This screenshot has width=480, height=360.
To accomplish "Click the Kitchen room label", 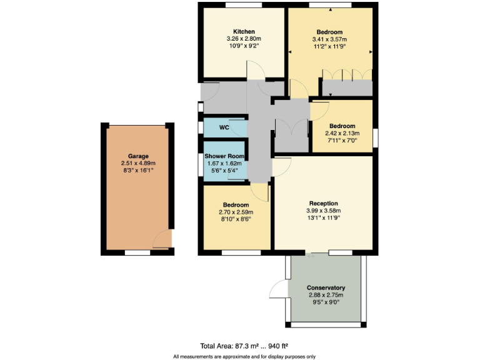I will pos(244,32).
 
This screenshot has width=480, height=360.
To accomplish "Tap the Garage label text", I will pos(137,156).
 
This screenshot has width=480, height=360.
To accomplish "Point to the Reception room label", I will pos(323,203).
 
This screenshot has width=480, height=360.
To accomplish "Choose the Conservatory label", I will pos(326,287).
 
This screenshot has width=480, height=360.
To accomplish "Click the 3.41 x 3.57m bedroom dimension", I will pos(329,39).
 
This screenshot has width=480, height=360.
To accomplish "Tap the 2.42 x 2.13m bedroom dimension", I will pos(342,132).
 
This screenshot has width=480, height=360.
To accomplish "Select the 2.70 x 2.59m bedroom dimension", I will pos(236,212).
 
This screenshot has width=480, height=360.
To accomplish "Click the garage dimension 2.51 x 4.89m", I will pos(137,164).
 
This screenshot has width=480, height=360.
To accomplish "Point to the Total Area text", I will pos(244,345).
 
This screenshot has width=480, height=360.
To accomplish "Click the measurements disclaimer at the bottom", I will pos(244,356).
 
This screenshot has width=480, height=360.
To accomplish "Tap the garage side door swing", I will pos(161,239).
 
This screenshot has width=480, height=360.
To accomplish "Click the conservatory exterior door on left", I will pos(278,289).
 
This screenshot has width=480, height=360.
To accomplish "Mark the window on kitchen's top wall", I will pos(243,6).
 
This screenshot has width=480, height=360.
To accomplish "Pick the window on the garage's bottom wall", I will pos(137,252).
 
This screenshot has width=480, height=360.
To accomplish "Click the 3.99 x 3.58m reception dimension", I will pos(323,211).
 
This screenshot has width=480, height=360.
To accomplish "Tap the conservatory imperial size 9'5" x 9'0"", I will pos(326,302).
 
